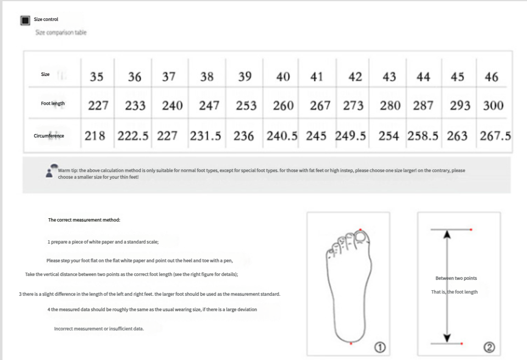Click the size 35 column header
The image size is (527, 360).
97,76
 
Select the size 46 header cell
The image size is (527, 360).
491,76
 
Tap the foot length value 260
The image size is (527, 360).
284,106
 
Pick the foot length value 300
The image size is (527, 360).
493,106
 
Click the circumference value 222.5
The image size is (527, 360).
133,136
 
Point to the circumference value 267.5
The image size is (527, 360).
496,136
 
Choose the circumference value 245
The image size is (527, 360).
316,136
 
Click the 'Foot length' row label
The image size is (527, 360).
53,103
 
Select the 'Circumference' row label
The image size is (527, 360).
49,136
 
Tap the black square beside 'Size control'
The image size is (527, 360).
25,20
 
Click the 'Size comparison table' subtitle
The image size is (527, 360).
61,32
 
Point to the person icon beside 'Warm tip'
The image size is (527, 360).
51,171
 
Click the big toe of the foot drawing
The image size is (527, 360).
362,237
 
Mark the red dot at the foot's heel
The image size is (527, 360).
351,344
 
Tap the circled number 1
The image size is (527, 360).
380,347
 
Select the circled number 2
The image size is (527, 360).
489,347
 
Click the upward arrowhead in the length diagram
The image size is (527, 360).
447,234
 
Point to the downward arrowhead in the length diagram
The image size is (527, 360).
447,338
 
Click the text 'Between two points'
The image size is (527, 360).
456,278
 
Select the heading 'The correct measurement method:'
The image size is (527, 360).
84,220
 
